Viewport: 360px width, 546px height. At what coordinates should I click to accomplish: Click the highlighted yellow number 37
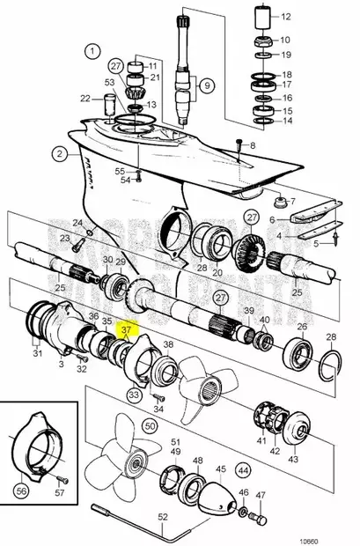click(126, 330)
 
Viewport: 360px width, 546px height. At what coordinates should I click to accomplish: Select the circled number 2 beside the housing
click(60, 153)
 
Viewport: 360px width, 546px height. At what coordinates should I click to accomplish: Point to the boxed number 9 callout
click(208, 86)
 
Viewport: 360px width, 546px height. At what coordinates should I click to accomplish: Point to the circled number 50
click(150, 425)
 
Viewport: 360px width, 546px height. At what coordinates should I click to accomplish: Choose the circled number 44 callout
click(243, 471)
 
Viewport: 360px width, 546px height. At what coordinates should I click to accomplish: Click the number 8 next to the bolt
click(253, 145)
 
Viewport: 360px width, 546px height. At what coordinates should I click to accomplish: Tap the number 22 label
click(85, 98)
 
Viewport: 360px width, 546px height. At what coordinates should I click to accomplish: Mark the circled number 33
click(134, 395)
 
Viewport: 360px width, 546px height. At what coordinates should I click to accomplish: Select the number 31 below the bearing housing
click(37, 353)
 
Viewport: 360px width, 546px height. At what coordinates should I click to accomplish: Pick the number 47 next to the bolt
click(260, 496)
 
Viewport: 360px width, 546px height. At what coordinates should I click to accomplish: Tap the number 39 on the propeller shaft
click(249, 312)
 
